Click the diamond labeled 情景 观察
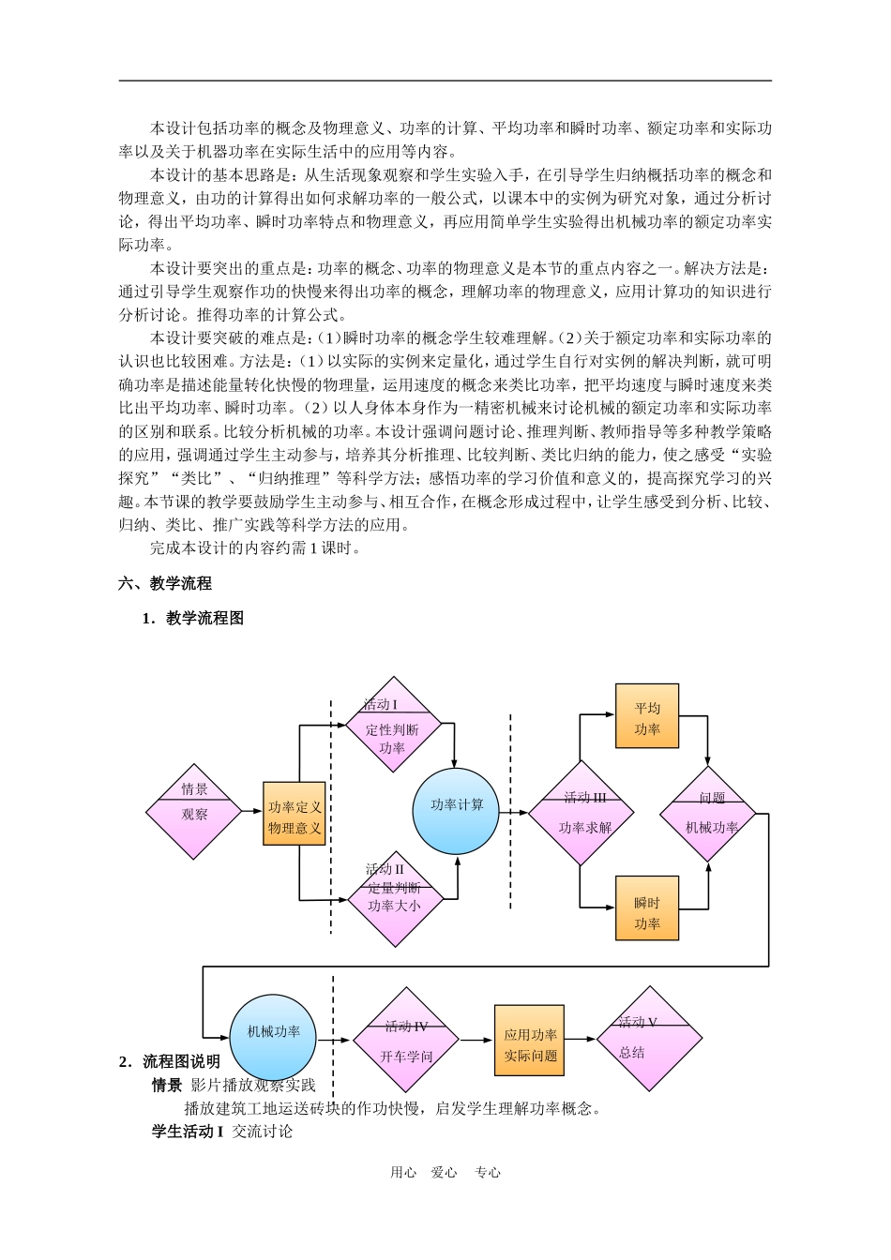[x=194, y=812]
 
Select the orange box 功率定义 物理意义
[x=294, y=814]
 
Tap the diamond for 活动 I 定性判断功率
[x=392, y=725]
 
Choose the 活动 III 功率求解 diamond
[x=581, y=813]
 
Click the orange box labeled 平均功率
[x=647, y=716]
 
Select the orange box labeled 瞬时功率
[x=647, y=907]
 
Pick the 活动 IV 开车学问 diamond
[x=406, y=1039]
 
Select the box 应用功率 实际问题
[x=530, y=1040]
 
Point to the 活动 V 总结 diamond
[x=649, y=1039]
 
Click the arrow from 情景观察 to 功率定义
[x=252, y=812]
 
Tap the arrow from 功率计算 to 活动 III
[x=516, y=812]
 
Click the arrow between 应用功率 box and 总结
[x=581, y=1039]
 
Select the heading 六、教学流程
[x=165, y=583]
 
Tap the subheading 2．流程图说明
[x=170, y=1061]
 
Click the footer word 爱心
[x=445, y=1172]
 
